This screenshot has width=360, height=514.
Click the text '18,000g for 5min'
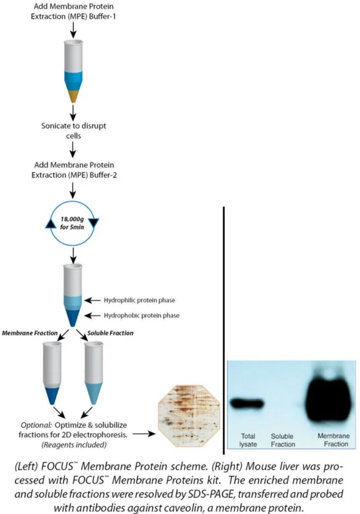72,223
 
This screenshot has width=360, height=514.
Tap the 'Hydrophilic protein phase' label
139,300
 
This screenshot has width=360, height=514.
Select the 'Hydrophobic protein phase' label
141,315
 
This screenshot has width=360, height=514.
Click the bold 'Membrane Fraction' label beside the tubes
30,333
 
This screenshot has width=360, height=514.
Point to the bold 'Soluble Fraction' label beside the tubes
110,333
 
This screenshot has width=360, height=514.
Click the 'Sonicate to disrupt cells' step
73,130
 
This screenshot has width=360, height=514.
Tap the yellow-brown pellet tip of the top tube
73,96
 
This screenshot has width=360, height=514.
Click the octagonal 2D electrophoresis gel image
189,416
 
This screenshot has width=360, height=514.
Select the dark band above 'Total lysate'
248,403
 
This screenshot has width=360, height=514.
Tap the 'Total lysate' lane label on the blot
248,440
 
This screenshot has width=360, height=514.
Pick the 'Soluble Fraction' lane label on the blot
283,440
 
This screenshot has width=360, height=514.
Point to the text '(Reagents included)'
74,445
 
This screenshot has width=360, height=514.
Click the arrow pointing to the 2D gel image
143,434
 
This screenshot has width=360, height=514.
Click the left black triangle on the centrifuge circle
51,224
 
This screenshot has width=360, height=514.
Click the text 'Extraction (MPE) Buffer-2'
74,175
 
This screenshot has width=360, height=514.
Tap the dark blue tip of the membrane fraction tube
53,396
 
